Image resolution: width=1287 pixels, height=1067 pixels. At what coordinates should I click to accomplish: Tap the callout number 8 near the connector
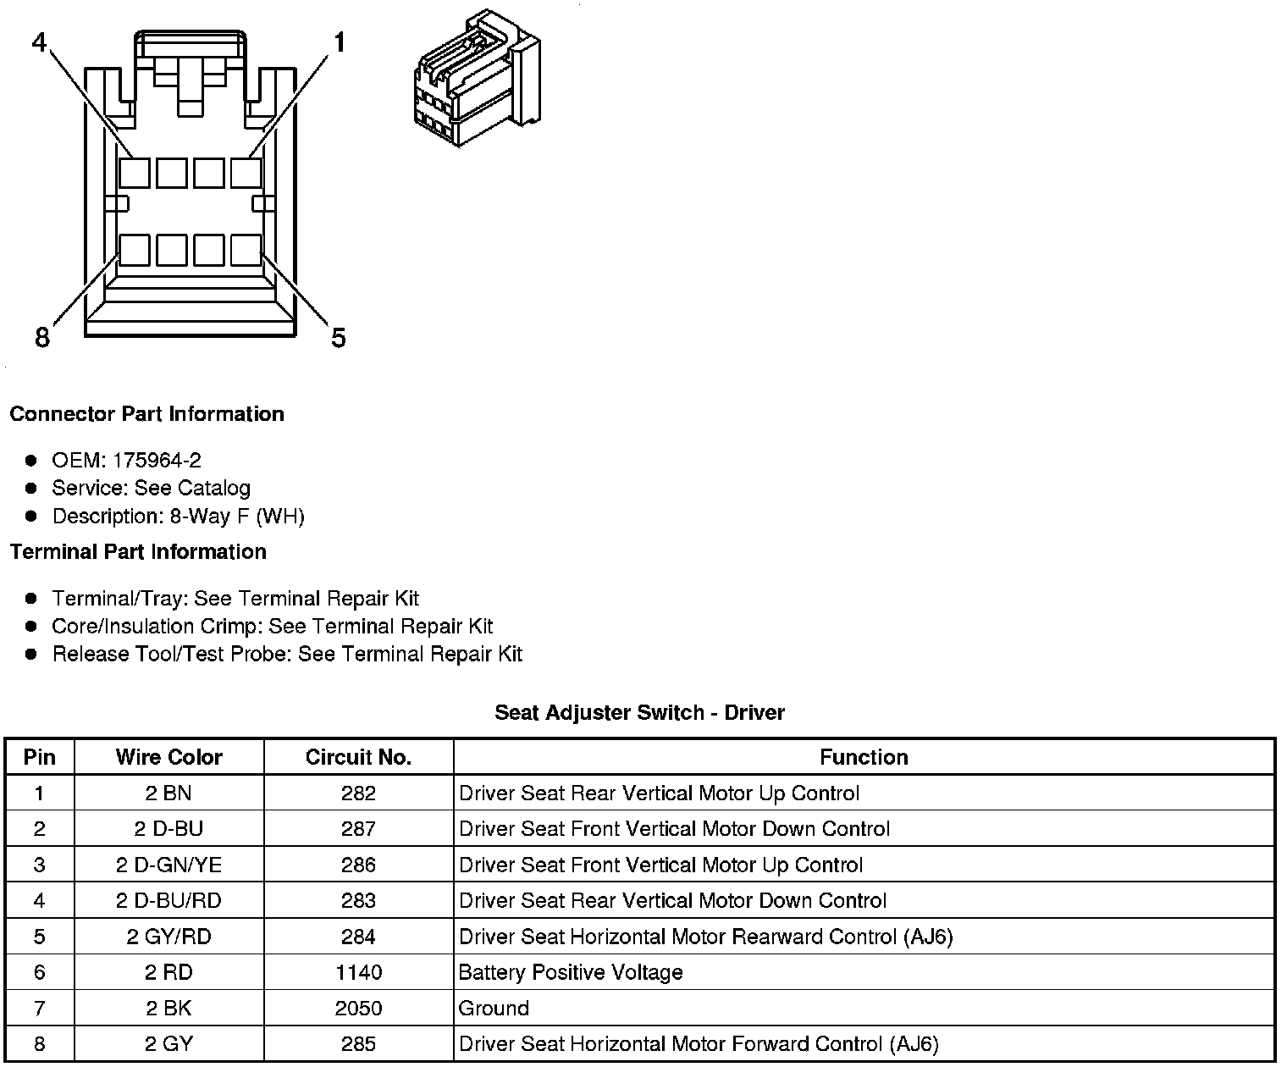[x=42, y=338]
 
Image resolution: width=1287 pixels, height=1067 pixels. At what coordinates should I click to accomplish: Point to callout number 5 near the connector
[x=339, y=338]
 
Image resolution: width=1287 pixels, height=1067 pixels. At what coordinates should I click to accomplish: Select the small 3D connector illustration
[x=476, y=78]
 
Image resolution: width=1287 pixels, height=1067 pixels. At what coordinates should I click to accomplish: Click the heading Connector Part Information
[x=146, y=414]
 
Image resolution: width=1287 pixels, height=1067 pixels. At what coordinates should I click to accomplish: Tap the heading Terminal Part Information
[x=138, y=552]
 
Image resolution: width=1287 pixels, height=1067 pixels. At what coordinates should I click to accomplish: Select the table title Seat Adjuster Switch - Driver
[x=639, y=713]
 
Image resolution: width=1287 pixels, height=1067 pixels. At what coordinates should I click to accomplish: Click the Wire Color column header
[x=168, y=757]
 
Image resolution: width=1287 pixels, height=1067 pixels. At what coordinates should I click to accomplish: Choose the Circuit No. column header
[x=358, y=757]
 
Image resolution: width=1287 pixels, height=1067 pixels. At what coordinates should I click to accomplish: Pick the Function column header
[x=864, y=757]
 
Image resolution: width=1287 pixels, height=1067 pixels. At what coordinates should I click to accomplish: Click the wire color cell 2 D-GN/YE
[x=168, y=865]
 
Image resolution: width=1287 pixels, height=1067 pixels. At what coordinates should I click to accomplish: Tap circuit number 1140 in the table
[x=358, y=972]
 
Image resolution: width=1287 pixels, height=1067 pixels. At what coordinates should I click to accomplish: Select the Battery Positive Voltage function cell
[x=571, y=972]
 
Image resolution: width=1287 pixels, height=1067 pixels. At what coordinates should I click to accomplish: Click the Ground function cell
[x=494, y=1009]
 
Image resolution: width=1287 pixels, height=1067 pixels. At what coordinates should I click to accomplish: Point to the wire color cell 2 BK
[x=168, y=1009]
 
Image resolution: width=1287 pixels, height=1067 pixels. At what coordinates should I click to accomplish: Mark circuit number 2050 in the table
[x=358, y=1009]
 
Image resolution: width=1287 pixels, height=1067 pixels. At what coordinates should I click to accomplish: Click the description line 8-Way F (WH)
[x=178, y=516]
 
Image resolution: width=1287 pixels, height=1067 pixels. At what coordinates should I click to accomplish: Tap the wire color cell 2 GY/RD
[x=168, y=937]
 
